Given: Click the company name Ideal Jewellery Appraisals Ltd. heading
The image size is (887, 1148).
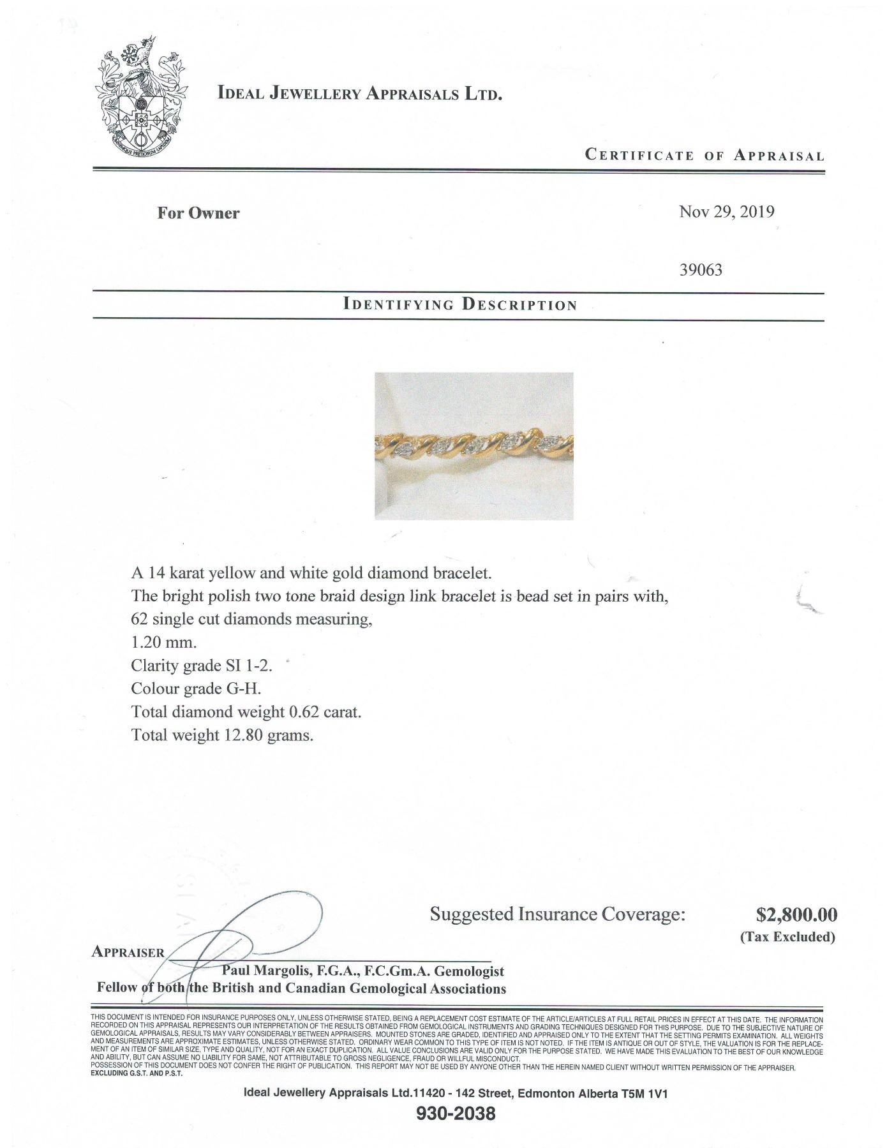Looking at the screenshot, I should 360,94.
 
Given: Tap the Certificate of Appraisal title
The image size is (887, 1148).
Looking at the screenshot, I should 704,155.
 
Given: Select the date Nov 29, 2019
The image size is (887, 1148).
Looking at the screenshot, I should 726,212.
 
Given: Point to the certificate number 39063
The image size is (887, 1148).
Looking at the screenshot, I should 701,270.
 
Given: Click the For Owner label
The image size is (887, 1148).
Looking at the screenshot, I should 198,213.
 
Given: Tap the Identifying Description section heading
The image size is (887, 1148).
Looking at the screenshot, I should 459,304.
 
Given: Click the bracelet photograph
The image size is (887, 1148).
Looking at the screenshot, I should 473,445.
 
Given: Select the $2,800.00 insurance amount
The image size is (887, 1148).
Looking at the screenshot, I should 796,915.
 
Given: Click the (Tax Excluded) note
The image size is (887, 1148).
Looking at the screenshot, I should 787,937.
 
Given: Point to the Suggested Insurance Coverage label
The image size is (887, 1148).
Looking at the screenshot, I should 557,914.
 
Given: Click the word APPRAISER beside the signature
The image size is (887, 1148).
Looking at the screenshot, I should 128,952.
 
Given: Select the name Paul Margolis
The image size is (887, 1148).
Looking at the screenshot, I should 263,971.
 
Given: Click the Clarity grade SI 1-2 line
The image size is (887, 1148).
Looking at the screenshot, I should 202,665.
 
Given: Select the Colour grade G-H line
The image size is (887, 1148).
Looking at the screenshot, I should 196,689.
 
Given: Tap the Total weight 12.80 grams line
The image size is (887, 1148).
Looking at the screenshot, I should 222,734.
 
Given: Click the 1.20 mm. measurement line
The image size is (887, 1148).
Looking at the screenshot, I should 164,642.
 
